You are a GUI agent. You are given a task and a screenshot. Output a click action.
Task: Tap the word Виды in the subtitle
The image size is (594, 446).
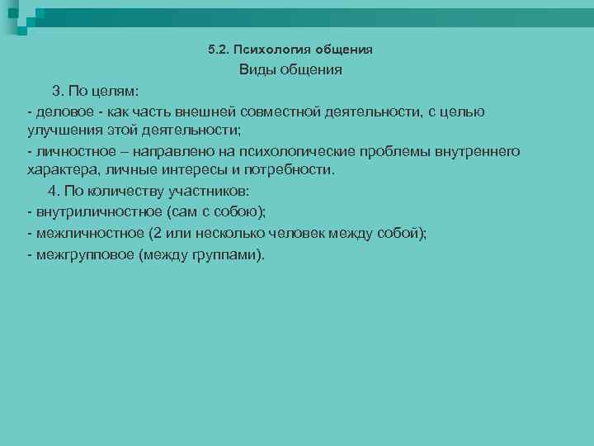[x=256, y=70]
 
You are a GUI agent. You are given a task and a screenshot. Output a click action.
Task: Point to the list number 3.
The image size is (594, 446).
[x=57, y=91]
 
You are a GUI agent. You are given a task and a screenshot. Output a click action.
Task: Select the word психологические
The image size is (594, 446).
[x=356, y=152]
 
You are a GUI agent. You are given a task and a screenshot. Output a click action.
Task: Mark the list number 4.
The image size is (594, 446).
[x=53, y=192]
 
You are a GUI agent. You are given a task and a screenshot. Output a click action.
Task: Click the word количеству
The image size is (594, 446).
[x=124, y=192]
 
